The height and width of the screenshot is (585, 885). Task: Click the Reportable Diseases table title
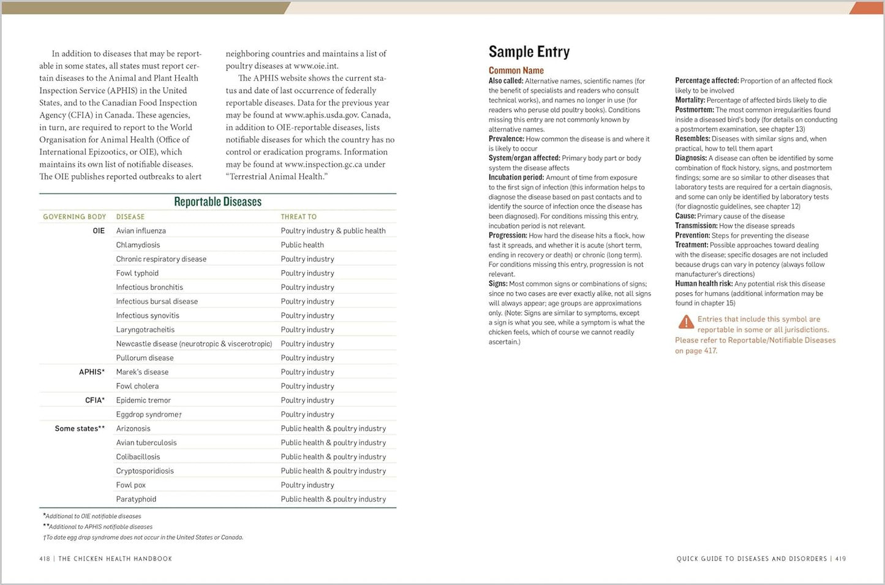tap(217, 202)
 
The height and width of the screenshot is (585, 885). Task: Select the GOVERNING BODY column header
tap(74, 217)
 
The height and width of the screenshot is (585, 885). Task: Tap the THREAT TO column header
tap(298, 217)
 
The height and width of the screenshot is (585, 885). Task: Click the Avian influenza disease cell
tap(141, 231)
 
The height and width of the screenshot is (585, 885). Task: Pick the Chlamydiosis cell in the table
tap(138, 245)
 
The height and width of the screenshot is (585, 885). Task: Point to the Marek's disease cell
tap(142, 372)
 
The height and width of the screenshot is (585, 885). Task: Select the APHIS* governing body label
tap(92, 372)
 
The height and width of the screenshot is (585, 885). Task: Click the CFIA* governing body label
tap(95, 400)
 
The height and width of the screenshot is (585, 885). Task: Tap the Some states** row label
tap(80, 429)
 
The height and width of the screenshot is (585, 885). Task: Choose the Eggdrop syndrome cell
tap(149, 415)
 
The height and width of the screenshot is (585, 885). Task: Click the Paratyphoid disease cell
tap(136, 499)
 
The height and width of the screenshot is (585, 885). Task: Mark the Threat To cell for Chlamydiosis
tap(302, 245)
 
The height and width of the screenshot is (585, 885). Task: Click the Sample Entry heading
tap(529, 51)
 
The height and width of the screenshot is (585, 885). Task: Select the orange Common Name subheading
tap(516, 70)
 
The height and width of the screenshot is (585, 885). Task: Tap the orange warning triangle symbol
tap(686, 322)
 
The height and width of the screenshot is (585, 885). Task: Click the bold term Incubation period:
tap(516, 178)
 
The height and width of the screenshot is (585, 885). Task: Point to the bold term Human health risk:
tap(704, 284)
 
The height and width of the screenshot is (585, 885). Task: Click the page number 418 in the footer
tap(45, 559)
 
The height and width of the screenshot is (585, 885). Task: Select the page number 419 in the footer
tap(840, 559)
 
